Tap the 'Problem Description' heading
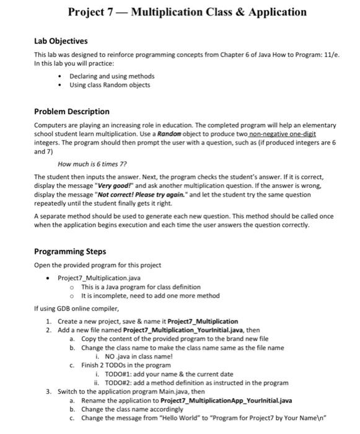pos(71,112)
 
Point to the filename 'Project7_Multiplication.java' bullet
pos(100,278)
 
